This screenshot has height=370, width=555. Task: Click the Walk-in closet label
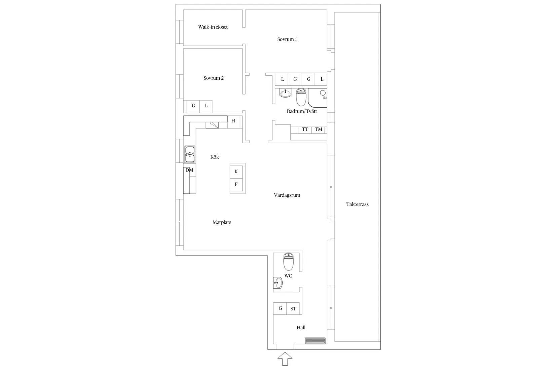click(x=213, y=27)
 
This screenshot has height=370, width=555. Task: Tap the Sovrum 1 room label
click(x=287, y=39)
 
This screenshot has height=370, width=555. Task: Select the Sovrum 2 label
click(x=214, y=78)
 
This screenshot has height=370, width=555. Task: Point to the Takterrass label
click(x=357, y=204)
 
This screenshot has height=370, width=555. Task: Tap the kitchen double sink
click(x=190, y=154)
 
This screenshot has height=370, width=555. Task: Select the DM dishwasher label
click(x=189, y=170)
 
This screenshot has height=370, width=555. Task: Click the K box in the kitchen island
click(x=236, y=172)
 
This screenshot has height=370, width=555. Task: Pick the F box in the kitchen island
click(x=236, y=184)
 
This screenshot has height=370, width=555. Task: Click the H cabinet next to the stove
click(x=233, y=121)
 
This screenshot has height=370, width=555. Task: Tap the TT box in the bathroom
click(x=305, y=129)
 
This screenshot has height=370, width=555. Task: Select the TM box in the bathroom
click(x=318, y=129)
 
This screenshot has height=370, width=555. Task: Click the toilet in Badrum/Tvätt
click(x=301, y=97)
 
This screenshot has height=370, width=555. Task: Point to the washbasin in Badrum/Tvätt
click(x=285, y=92)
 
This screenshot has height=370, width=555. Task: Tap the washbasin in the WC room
click(x=278, y=283)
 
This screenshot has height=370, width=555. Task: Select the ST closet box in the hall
click(x=293, y=308)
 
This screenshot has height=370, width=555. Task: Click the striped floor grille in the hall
click(x=315, y=341)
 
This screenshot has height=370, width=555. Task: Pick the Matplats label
click(x=222, y=222)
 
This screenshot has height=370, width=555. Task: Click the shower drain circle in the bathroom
click(x=323, y=92)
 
